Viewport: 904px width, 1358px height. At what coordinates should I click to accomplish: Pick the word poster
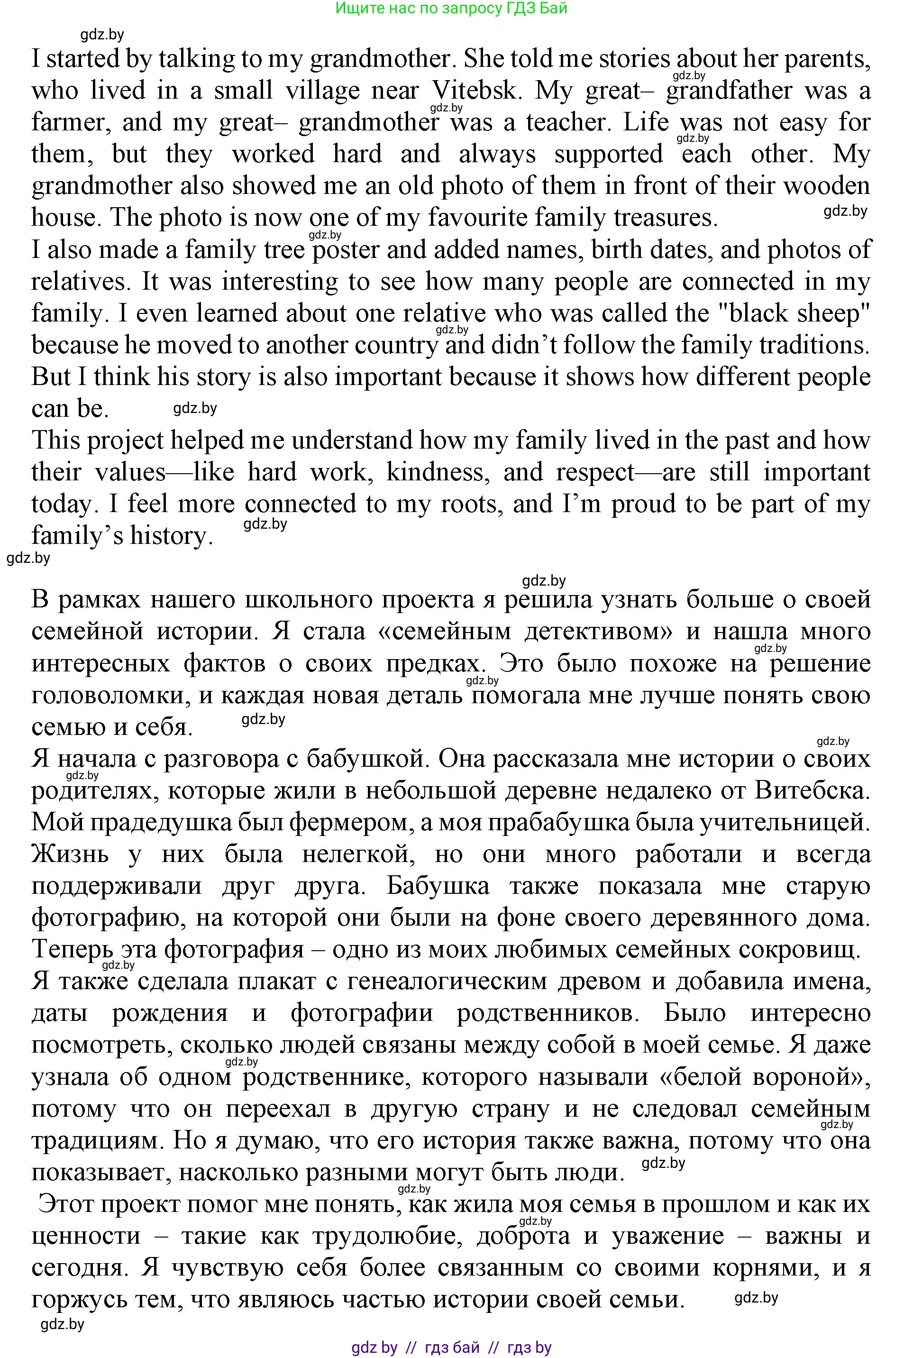pos(346,250)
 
